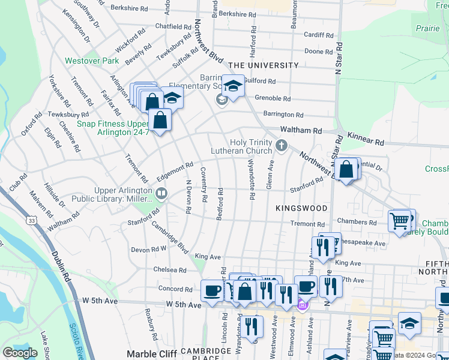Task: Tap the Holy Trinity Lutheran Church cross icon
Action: (x=280, y=145)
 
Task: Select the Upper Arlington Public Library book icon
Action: (x=161, y=193)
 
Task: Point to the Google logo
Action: (x=20, y=353)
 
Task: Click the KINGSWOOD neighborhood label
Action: (x=301, y=208)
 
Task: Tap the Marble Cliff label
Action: (x=152, y=354)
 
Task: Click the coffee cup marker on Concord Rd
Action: (x=211, y=290)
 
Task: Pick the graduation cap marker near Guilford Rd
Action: (x=233, y=86)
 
